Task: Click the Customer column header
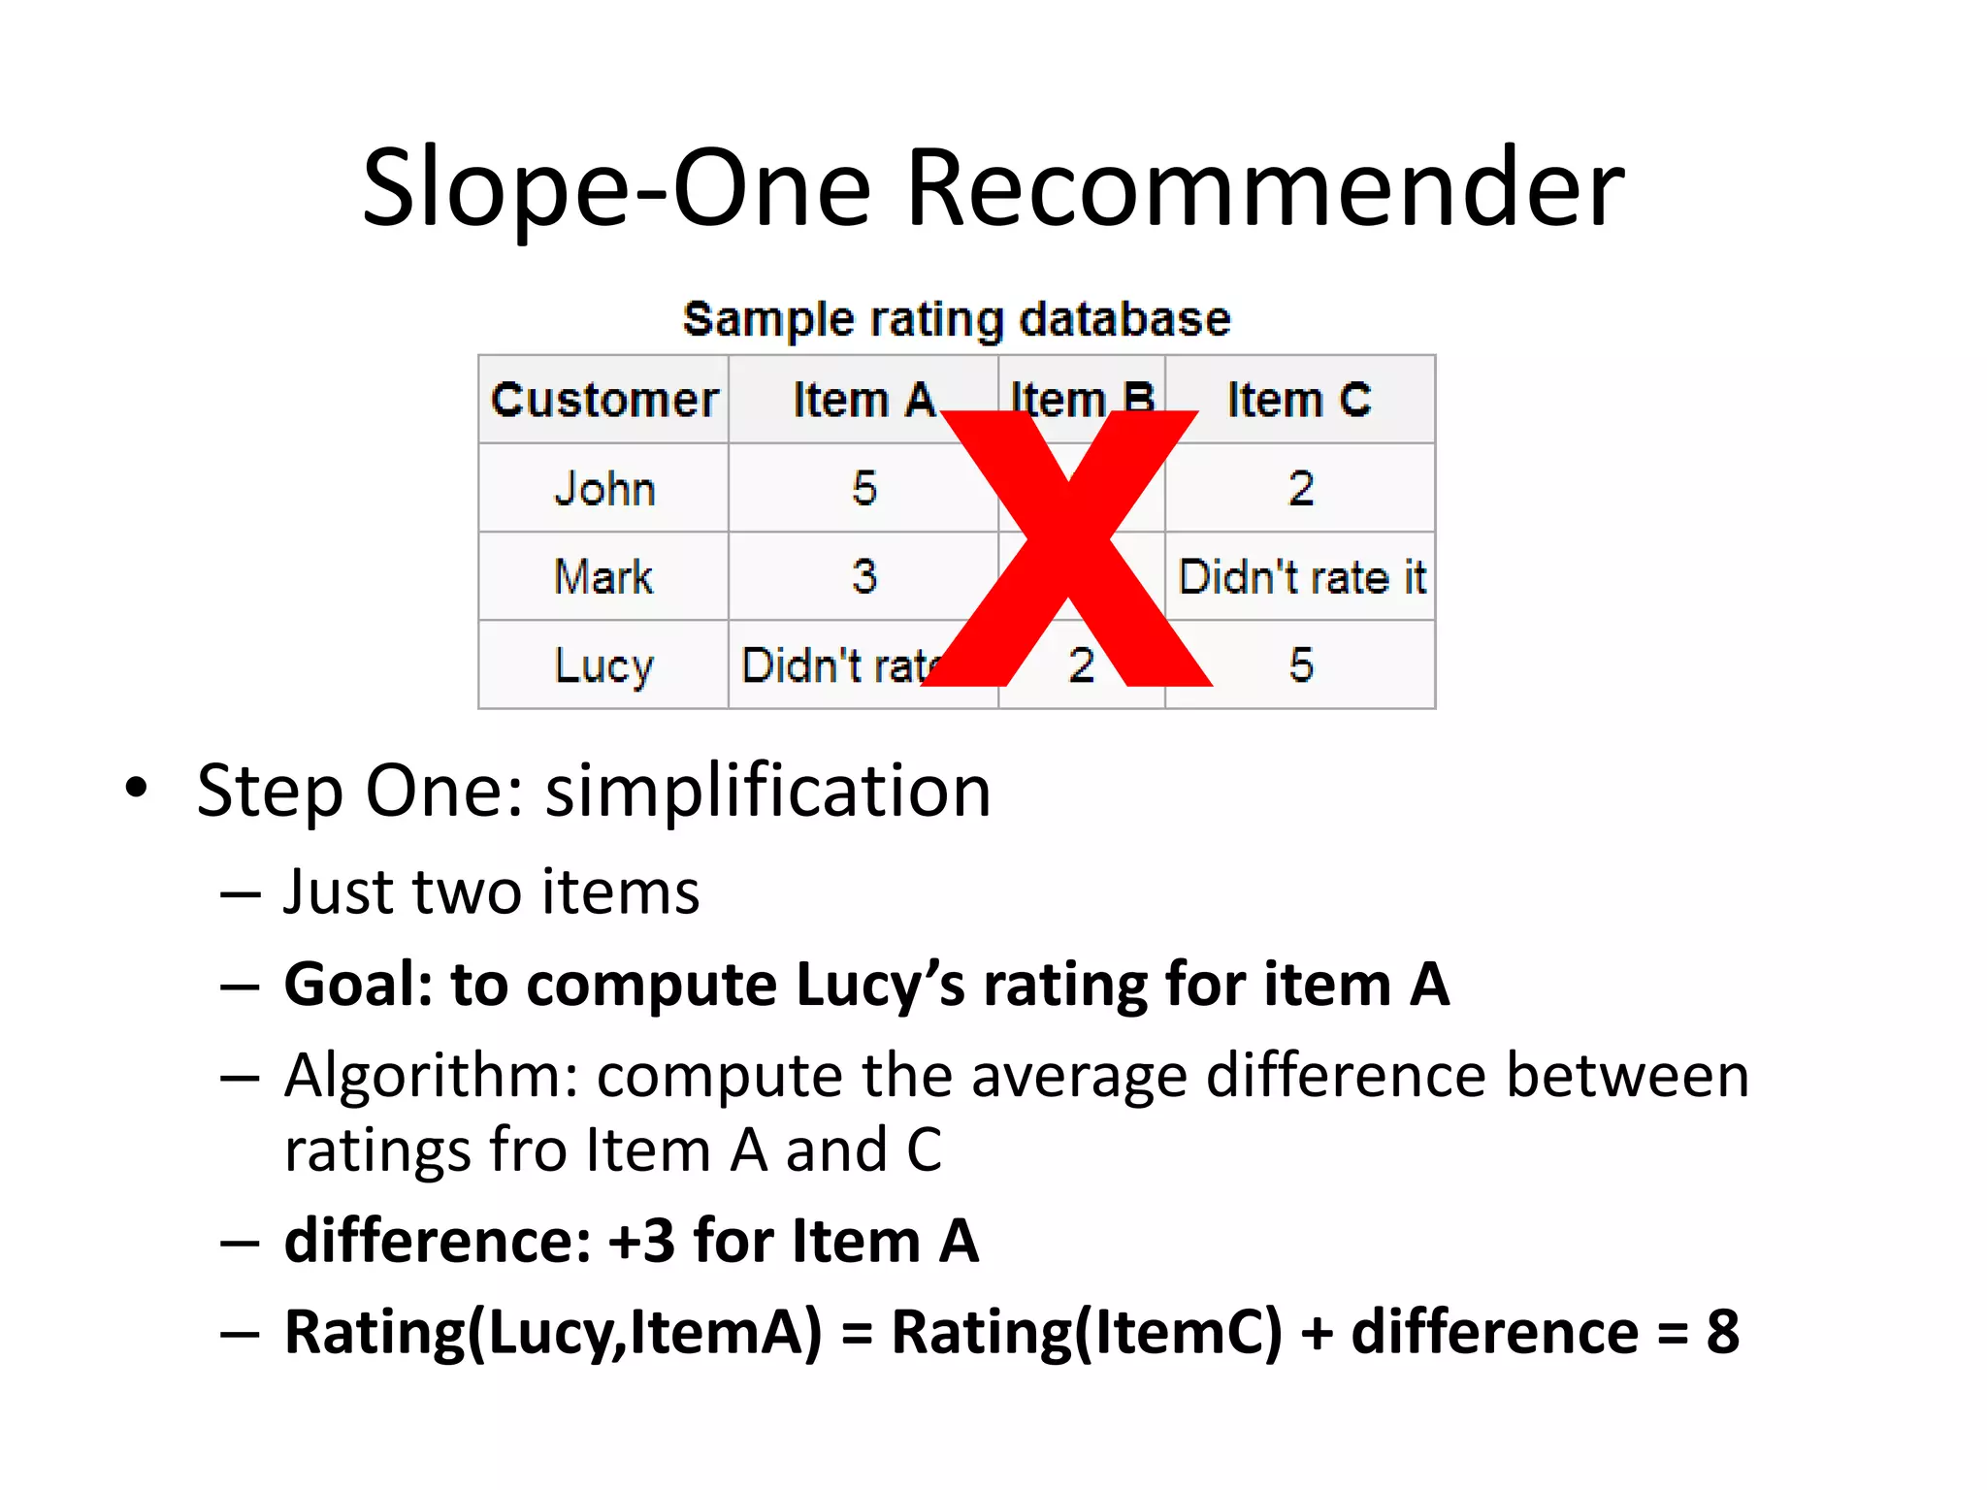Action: (x=603, y=400)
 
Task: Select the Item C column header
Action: (x=1299, y=400)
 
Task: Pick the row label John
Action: (x=603, y=488)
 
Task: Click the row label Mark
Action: (x=603, y=576)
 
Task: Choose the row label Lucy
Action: (x=603, y=665)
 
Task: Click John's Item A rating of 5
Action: (x=863, y=488)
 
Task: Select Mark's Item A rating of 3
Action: (x=863, y=576)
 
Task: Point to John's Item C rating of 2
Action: (x=1300, y=488)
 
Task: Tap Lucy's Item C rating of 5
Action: (x=1300, y=665)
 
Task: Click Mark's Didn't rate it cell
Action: (x=1301, y=576)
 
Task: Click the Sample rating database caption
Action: (x=957, y=319)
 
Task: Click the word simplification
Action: (x=767, y=791)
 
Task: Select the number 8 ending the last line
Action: (x=1722, y=1332)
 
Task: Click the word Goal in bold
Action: (x=357, y=985)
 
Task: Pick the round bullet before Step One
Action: (x=137, y=788)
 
